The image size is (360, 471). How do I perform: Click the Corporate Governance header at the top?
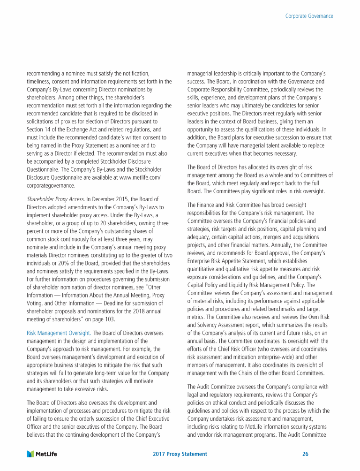(x=309, y=16)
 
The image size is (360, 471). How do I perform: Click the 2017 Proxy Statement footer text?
(x=180, y=454)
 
